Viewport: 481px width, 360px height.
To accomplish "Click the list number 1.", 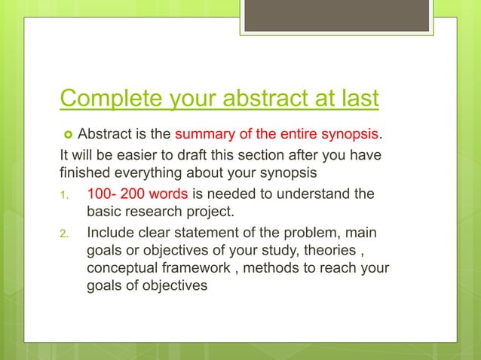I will click(x=66, y=194).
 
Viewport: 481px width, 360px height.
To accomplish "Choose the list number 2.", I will click(x=66, y=233).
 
